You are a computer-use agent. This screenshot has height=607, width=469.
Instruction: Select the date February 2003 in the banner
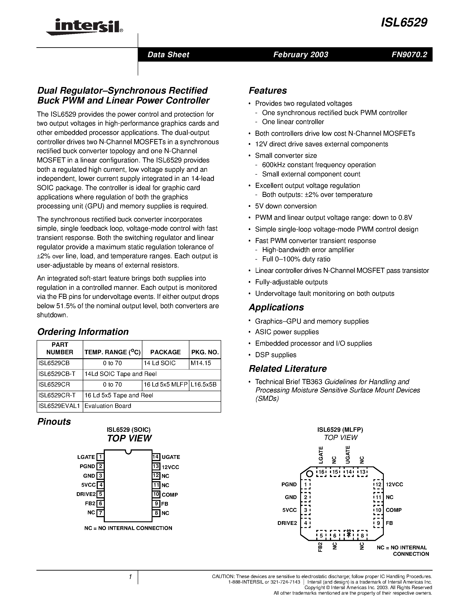(x=301, y=55)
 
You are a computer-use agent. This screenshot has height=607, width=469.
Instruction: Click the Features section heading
(x=267, y=90)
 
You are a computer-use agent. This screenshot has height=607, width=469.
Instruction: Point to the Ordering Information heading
(x=83, y=332)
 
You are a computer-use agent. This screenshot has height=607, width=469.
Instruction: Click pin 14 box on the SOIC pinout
(x=156, y=457)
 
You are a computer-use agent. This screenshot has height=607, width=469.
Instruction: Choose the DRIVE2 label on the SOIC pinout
(x=86, y=494)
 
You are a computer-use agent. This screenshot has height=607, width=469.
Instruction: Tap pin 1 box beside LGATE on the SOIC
(x=100, y=457)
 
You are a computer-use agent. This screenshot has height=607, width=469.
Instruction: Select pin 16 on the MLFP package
(x=322, y=472)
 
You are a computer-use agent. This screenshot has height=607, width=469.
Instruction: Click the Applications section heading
(x=276, y=307)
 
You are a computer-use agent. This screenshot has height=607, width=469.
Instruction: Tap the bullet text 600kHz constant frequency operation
(x=319, y=165)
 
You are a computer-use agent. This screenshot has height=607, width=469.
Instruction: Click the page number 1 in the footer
(x=130, y=577)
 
